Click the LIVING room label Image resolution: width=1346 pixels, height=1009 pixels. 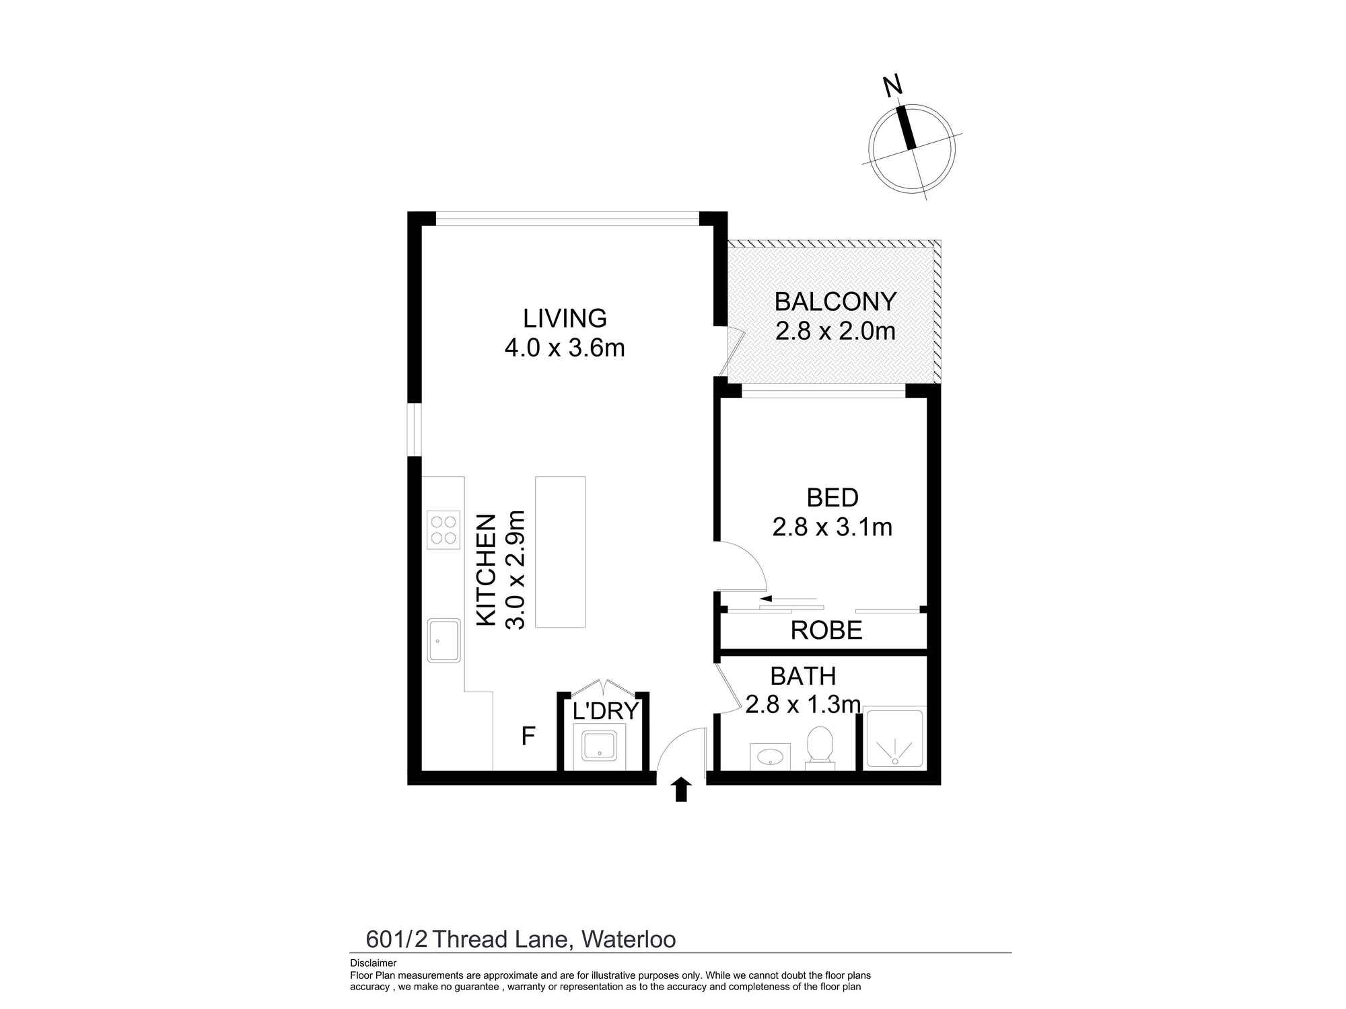(565, 318)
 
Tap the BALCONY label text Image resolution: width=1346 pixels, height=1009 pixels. (835, 302)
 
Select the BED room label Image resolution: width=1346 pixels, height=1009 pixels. (833, 498)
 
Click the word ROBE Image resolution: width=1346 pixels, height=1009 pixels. (826, 630)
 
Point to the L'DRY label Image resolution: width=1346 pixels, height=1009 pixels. (605, 710)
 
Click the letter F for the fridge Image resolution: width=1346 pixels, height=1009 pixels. (528, 737)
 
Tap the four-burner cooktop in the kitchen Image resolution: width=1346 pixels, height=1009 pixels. (444, 530)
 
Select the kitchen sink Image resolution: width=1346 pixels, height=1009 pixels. (444, 640)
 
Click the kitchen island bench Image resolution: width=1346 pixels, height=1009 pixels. (560, 552)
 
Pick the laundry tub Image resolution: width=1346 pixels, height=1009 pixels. (599, 747)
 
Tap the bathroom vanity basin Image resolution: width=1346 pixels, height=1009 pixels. (771, 756)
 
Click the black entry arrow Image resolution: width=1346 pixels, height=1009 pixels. (682, 789)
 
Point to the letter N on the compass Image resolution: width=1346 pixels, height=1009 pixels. (892, 86)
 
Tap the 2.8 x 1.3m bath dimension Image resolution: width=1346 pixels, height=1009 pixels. (803, 705)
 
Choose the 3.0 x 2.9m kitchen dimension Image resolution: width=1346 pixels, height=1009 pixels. (515, 570)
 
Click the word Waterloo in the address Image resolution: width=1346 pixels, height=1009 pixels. (629, 939)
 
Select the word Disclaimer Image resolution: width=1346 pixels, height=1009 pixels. (374, 963)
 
